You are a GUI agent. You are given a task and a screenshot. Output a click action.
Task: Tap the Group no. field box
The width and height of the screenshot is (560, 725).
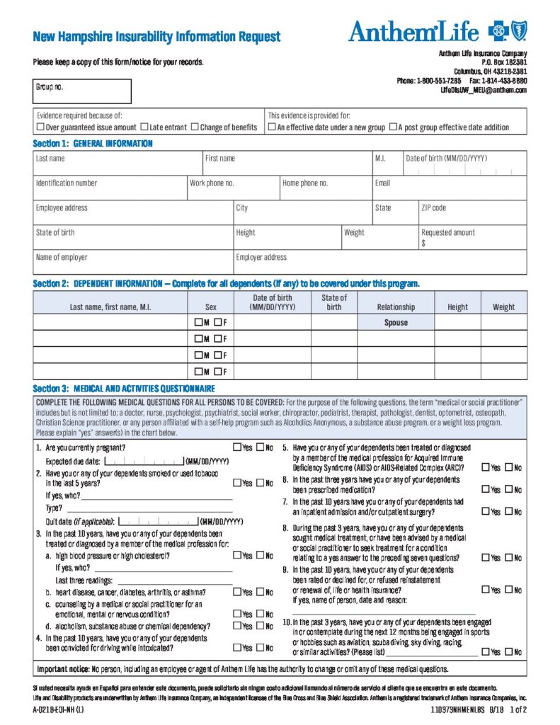pos(82,91)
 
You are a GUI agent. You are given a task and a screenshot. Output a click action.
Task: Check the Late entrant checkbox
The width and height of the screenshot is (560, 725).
pos(144,127)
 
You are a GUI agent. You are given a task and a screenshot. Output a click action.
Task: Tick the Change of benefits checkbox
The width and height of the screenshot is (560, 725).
pos(195,127)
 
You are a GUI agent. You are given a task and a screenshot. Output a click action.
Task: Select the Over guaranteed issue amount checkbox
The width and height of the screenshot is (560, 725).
pos(40,127)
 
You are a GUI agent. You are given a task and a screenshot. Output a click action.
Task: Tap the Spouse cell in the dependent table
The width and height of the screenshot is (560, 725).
pos(396,322)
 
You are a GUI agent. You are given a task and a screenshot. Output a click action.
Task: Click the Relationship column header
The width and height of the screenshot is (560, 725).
pos(396,307)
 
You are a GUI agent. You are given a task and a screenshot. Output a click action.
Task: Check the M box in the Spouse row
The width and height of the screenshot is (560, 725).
pos(198,322)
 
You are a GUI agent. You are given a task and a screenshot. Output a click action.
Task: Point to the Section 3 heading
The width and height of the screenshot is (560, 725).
pos(124,389)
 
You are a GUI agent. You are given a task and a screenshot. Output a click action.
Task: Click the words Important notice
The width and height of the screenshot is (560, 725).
pos(62,668)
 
